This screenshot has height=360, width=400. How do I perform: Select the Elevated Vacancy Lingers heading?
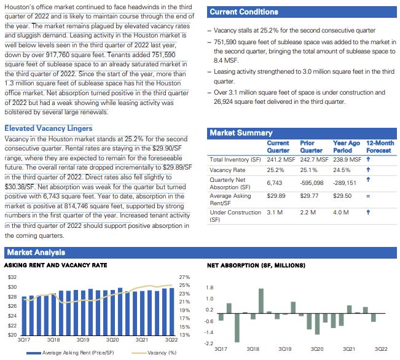pyautogui.click(x=49, y=128)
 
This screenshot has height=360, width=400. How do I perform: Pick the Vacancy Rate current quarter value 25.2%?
pyautogui.click(x=275, y=170)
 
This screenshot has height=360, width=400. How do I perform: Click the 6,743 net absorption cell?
pyautogui.click(x=274, y=182)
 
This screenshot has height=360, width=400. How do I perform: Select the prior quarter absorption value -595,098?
pyautogui.click(x=312, y=182)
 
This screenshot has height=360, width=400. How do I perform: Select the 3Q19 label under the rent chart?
pyautogui.click(x=83, y=339)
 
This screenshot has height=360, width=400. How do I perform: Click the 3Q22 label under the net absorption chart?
pyautogui.click(x=381, y=348)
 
